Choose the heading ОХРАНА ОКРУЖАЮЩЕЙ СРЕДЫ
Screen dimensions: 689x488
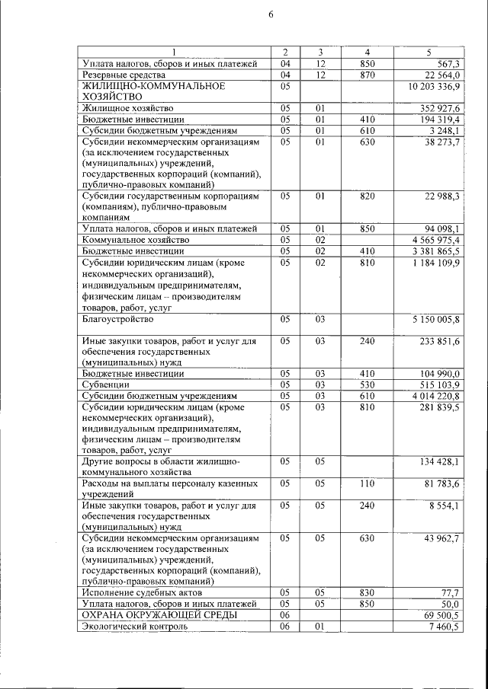click(159, 614)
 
